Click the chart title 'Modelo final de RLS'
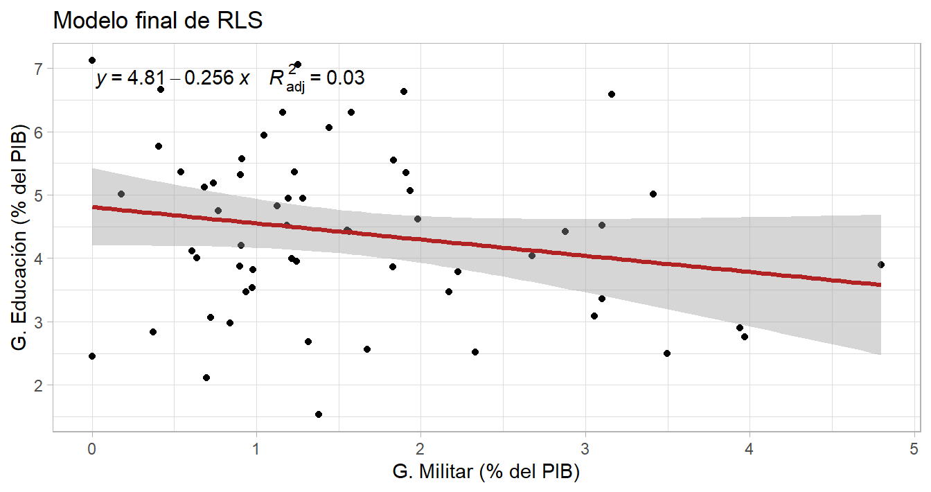click(x=158, y=21)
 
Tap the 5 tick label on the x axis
click(x=914, y=447)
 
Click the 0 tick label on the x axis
click(x=92, y=447)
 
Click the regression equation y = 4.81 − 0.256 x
click(x=172, y=78)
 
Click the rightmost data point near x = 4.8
click(x=881, y=265)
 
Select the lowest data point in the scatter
click(x=319, y=414)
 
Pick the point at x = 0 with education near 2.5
click(x=92, y=356)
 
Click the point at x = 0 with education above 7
click(x=92, y=60)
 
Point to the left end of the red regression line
click(x=94, y=207)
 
